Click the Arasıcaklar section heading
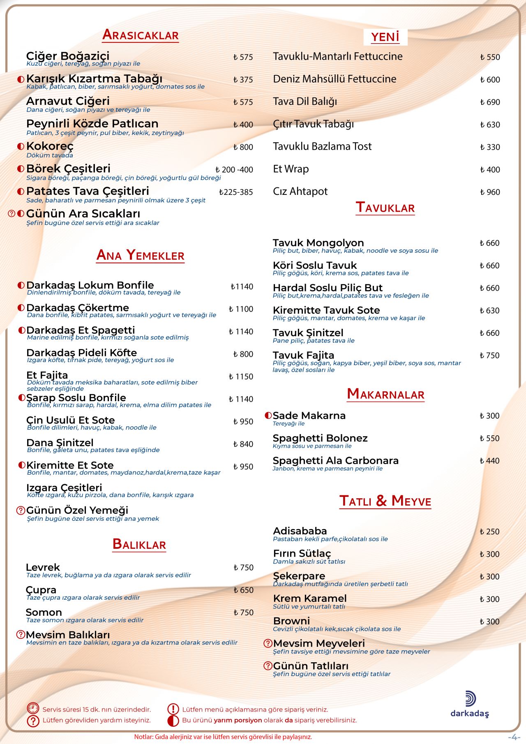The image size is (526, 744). click(x=140, y=35)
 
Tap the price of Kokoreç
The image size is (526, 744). click(x=243, y=147)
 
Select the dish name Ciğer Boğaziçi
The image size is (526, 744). click(x=68, y=56)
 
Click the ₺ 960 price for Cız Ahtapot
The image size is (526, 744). click(x=490, y=192)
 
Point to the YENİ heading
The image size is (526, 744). click(x=385, y=37)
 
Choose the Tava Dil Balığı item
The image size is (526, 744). click(x=305, y=102)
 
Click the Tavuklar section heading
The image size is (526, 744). click(x=385, y=208)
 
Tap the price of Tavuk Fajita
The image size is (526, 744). click(x=489, y=356)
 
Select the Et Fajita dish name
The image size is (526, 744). click(x=47, y=375)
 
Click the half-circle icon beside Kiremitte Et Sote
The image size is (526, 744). click(x=22, y=465)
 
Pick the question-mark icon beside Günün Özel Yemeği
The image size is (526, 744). click(x=21, y=511)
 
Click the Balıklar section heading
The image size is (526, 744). click(x=139, y=544)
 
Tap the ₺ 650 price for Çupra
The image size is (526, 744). click(x=243, y=590)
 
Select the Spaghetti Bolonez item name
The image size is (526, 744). click(x=320, y=438)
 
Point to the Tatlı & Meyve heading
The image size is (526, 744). click(x=385, y=501)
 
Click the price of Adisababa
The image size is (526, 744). click(x=489, y=532)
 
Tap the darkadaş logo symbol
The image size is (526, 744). click(x=470, y=699)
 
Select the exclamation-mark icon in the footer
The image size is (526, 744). click(x=173, y=709)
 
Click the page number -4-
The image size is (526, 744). click(x=513, y=737)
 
